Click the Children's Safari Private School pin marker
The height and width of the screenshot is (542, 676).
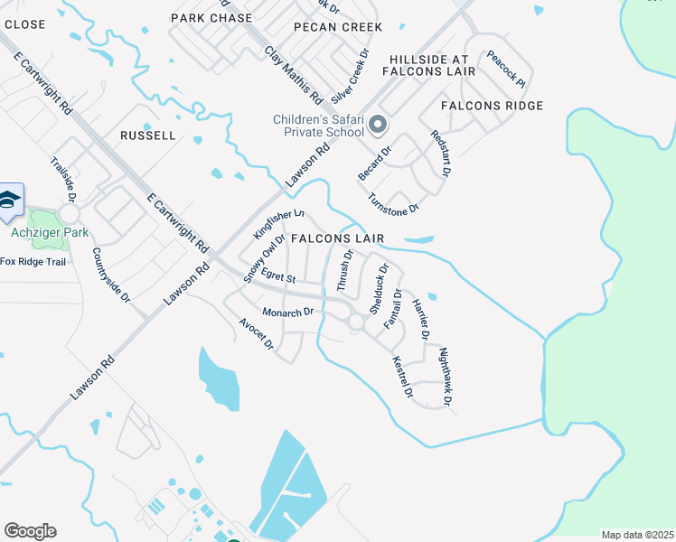379,125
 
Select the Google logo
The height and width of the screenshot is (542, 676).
30,531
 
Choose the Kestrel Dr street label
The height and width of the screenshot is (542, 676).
401,378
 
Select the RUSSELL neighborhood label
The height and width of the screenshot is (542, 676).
147,135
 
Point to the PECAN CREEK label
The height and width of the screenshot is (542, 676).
338,27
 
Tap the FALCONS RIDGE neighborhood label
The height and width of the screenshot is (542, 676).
493,106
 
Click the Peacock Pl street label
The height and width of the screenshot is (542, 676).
506,68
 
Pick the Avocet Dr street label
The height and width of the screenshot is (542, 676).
256,334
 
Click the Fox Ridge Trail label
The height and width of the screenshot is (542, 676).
33,262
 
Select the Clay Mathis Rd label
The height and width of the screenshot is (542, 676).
294,73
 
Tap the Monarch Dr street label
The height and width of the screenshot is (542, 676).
287,312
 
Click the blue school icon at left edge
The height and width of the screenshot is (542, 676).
10,201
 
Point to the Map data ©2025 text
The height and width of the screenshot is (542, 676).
637,535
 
